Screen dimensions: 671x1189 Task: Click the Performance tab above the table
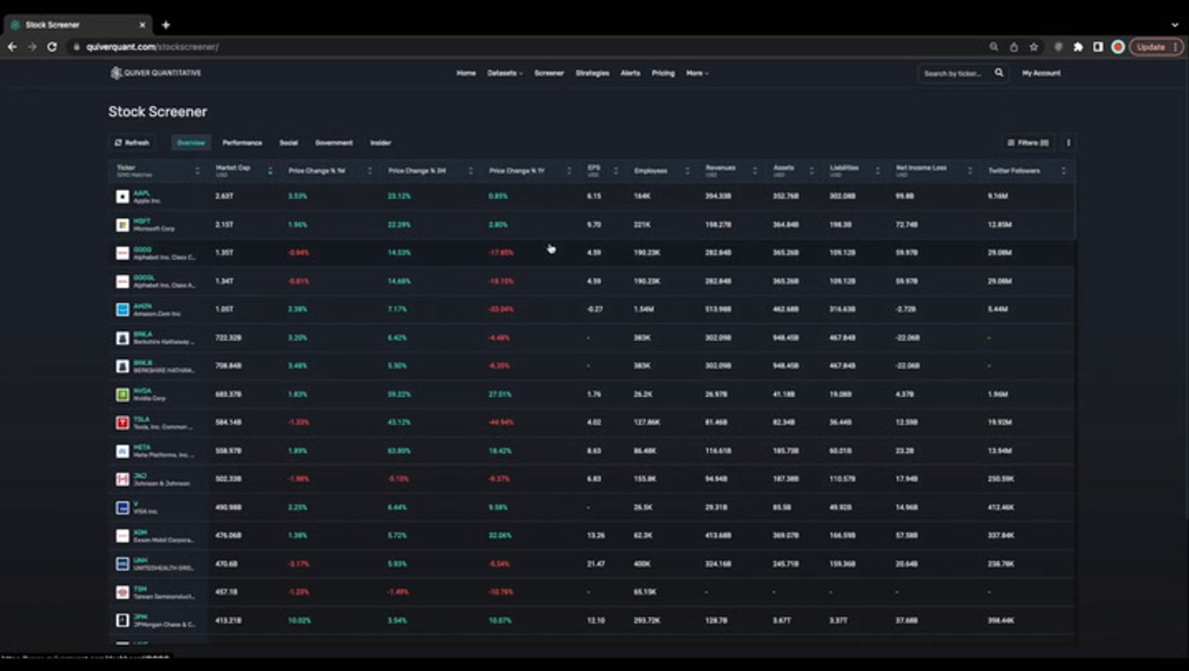(242, 143)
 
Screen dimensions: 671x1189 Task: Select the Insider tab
(380, 143)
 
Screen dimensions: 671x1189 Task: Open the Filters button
(1028, 143)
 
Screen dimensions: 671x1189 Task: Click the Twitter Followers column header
(1014, 171)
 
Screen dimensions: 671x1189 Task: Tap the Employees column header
(650, 171)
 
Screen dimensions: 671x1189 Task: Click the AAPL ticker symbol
(142, 193)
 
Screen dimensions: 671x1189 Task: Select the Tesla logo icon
(122, 423)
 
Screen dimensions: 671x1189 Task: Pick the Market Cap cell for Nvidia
(228, 394)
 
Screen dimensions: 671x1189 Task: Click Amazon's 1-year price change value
(501, 309)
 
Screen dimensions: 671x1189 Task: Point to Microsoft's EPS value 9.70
(594, 225)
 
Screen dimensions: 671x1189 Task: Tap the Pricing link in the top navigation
(663, 73)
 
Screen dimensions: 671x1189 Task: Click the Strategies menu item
(592, 73)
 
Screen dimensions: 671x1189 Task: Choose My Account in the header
(1041, 73)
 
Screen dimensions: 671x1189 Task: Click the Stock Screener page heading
(157, 112)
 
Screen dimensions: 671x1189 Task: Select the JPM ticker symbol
(140, 616)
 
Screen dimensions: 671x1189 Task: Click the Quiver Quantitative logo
(156, 73)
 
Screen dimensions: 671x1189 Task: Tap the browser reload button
(52, 47)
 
